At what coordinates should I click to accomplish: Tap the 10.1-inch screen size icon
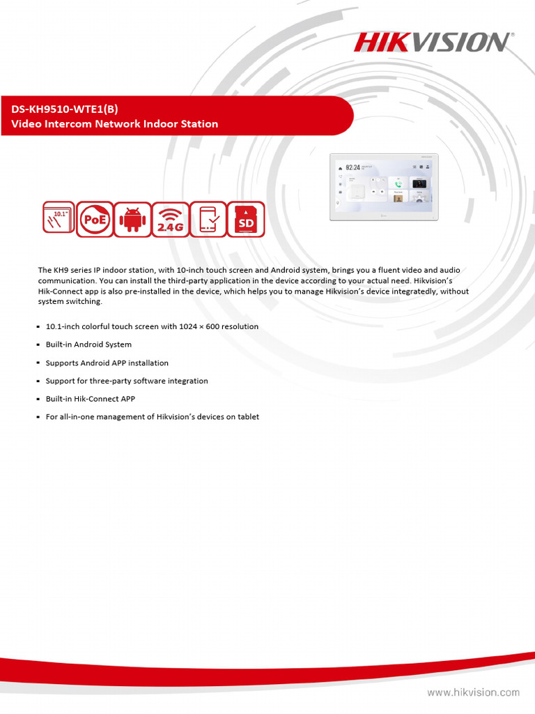(x=56, y=219)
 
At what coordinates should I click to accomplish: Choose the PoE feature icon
(x=94, y=219)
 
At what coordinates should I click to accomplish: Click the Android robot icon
(x=132, y=219)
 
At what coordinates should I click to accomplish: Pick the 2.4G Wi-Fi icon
(x=170, y=219)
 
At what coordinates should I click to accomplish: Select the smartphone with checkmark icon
(x=208, y=219)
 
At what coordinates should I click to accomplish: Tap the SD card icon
(x=246, y=219)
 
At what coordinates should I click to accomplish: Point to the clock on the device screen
(x=353, y=168)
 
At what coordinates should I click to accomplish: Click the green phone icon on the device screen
(x=398, y=184)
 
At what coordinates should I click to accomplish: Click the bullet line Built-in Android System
(x=88, y=344)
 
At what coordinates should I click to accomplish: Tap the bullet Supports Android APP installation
(x=107, y=363)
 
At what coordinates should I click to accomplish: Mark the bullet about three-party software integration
(x=126, y=381)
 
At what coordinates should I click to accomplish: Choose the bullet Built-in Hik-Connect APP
(x=90, y=399)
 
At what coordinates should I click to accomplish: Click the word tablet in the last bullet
(x=248, y=417)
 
